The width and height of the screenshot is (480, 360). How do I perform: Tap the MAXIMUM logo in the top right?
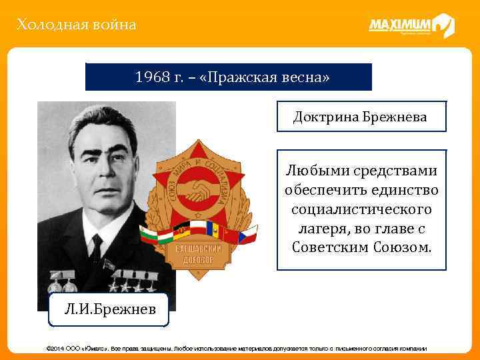(411, 26)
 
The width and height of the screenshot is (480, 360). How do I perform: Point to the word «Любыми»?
(315, 171)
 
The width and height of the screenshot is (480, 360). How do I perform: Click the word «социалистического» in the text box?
(361, 209)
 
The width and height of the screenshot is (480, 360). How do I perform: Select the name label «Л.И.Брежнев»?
(109, 309)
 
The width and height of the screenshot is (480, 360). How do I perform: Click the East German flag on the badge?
(181, 229)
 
